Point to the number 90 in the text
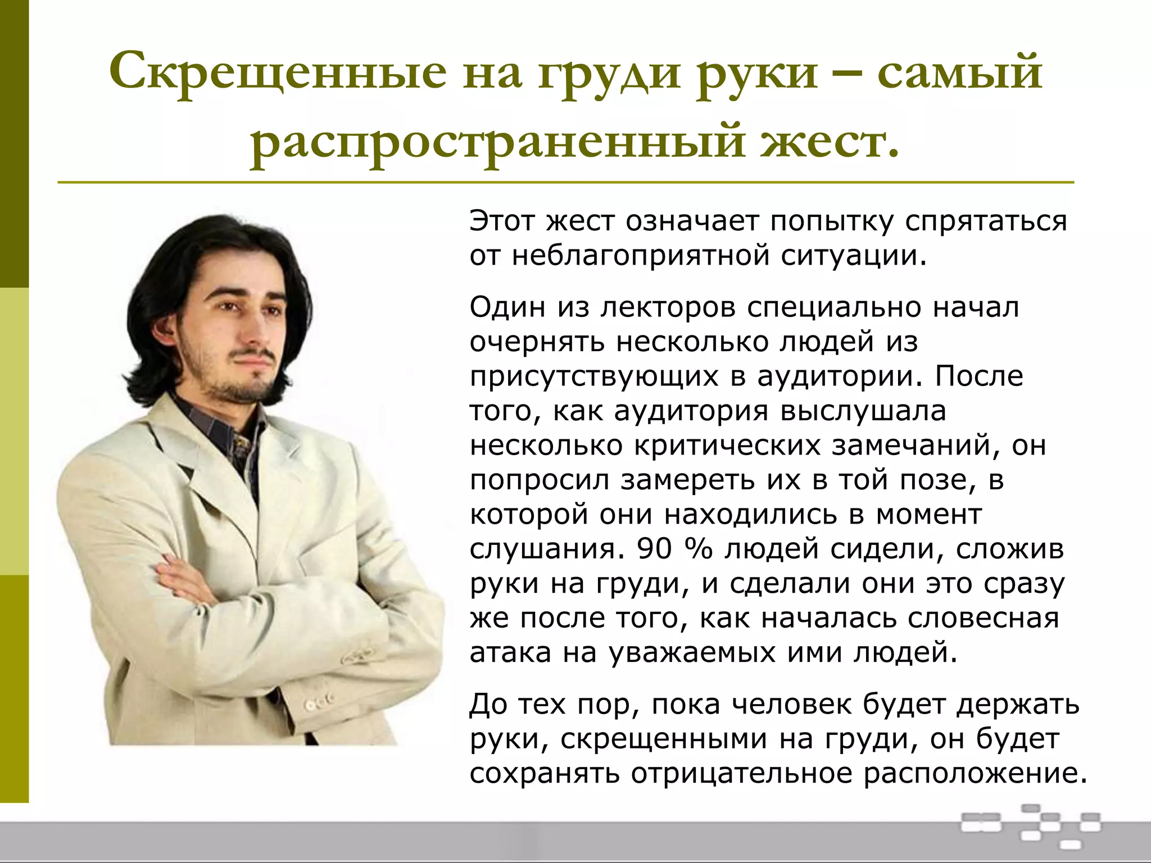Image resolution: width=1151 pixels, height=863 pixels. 655,549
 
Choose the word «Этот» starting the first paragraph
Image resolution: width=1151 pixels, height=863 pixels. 501,221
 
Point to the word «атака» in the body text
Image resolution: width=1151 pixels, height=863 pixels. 510,653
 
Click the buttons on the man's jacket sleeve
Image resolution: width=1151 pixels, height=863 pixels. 318,702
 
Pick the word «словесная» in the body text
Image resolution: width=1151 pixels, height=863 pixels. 984,618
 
